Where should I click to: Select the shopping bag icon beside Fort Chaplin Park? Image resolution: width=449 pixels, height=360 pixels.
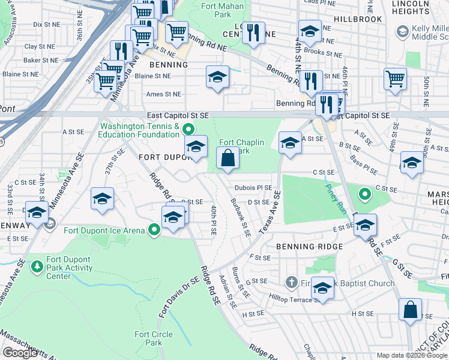pyautogui.click(x=228, y=160)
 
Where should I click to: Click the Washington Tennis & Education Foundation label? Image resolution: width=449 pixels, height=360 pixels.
pyautogui.click(x=140, y=130)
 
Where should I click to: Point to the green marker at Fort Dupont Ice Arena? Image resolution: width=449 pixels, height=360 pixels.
pyautogui.click(x=154, y=230)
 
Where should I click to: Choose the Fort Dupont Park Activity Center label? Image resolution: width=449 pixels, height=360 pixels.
pyautogui.click(x=68, y=268)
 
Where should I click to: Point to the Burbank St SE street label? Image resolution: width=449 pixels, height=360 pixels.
pyautogui.click(x=240, y=217)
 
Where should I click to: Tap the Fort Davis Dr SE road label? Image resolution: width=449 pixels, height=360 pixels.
pyautogui.click(x=178, y=298)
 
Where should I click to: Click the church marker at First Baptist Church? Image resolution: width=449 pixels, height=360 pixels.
pyautogui.click(x=292, y=282)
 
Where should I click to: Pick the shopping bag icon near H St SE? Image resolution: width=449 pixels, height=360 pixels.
pyautogui.click(x=410, y=310)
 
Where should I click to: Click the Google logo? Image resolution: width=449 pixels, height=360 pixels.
pyautogui.click(x=20, y=353)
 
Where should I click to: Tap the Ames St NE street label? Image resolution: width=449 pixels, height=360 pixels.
pyautogui.click(x=163, y=94)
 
